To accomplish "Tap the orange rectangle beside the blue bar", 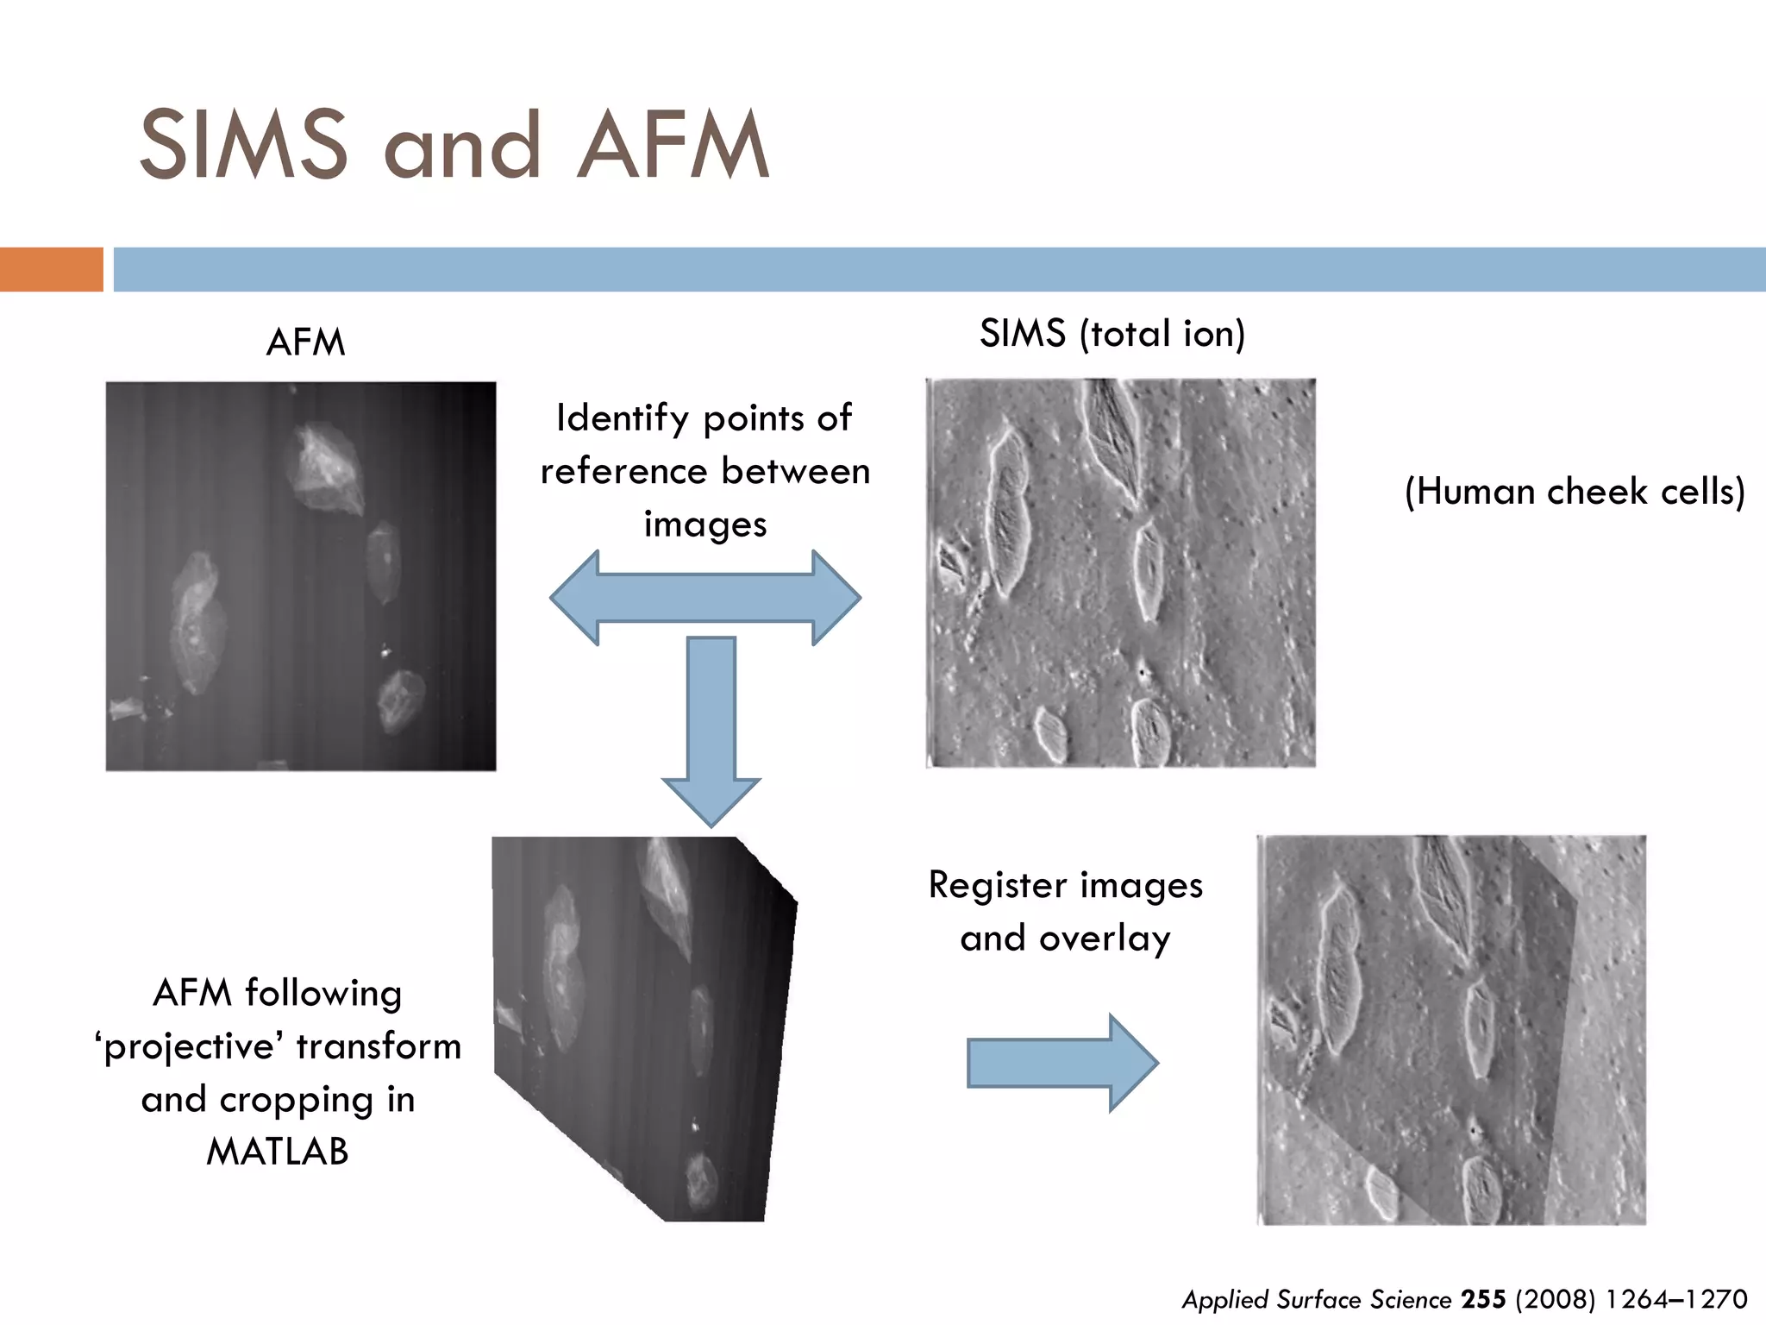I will click(x=51, y=269).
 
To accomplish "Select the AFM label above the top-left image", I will click(x=305, y=342).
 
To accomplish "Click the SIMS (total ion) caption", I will click(x=1112, y=334).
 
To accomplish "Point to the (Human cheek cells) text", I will click(x=1575, y=492).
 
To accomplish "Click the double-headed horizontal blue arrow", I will click(x=705, y=598).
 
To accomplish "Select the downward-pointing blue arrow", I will click(x=711, y=729).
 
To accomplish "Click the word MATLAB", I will click(x=278, y=1152).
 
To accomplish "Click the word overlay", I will click(x=1105, y=939).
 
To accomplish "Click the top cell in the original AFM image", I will click(x=326, y=468).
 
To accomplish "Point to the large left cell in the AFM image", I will click(x=198, y=621).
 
